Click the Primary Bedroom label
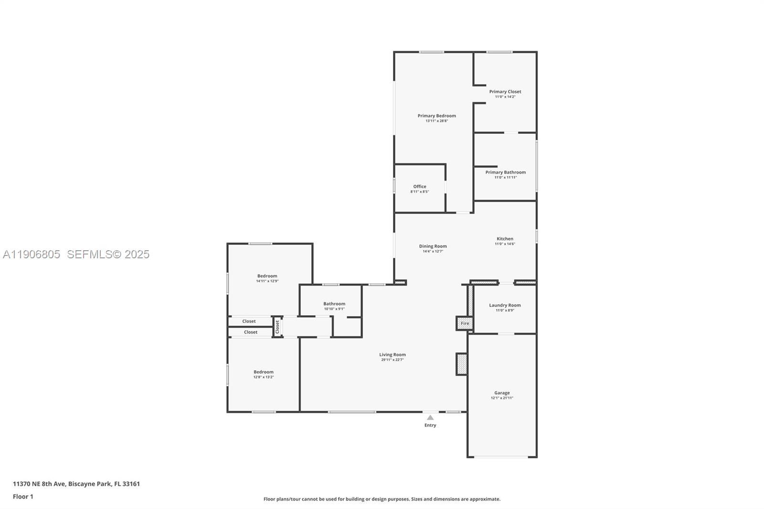436,116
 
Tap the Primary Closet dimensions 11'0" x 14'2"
505,97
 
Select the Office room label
420,187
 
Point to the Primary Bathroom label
505,172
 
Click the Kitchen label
505,239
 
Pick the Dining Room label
433,246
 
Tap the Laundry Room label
505,305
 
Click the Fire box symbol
465,323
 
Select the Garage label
502,393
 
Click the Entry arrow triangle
430,417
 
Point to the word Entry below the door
430,425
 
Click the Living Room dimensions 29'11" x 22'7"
393,360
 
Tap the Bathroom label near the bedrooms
334,304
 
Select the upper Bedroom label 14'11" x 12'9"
267,276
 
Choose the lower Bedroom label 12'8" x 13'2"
264,372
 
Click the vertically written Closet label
277,327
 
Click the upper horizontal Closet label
249,321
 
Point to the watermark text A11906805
32,254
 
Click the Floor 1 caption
23,497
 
